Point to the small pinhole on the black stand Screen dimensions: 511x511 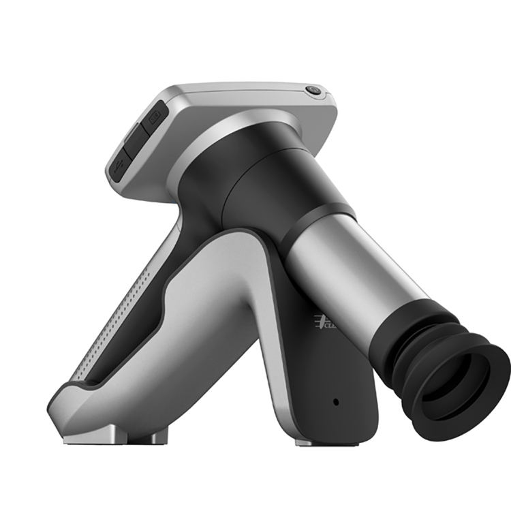tap(335, 401)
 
